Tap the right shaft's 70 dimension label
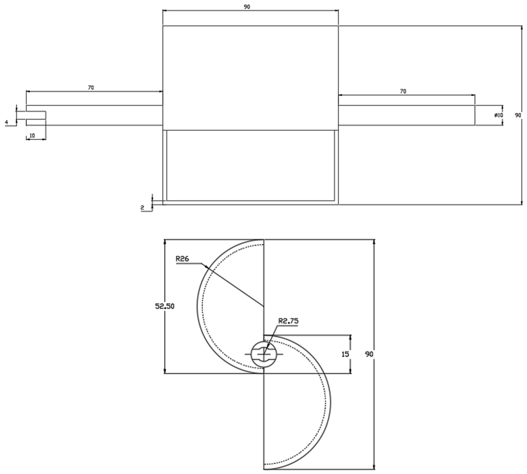(x=403, y=91)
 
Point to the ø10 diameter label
(x=498, y=115)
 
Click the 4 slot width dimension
(x=7, y=122)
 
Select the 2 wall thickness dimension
(x=142, y=208)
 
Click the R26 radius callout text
(x=182, y=259)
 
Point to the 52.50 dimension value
(x=165, y=306)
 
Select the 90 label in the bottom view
(x=369, y=354)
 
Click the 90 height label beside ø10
(x=518, y=115)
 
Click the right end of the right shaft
(x=475, y=115)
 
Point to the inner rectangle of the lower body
(x=250, y=166)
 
